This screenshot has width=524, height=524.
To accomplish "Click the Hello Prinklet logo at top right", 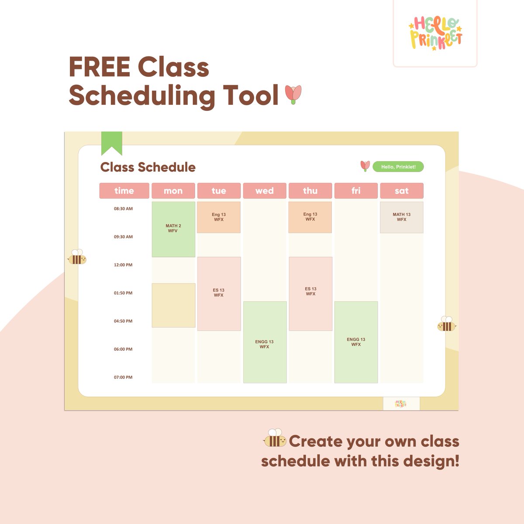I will [435, 33].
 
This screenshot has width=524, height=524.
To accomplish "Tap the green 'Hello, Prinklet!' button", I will [398, 167].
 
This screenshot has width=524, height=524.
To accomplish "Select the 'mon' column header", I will [173, 191].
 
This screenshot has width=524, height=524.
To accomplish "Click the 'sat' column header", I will [401, 191].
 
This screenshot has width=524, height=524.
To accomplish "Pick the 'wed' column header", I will [265, 191].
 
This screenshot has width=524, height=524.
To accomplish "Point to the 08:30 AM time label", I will [123, 209].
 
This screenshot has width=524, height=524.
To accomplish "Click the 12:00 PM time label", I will [123, 265].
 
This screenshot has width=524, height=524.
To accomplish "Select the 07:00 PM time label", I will [123, 377].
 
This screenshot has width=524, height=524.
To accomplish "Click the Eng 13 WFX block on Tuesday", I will [219, 217].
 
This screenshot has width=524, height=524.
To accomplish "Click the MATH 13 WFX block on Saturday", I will [401, 217].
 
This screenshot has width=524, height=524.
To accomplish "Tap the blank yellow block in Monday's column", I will [173, 305].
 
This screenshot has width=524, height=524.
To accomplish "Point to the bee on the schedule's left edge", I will [77, 258].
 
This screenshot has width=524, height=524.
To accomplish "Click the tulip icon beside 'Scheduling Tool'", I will [293, 94].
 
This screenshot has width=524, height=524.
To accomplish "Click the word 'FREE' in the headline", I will [100, 67].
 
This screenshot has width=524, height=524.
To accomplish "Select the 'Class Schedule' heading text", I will [148, 167].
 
